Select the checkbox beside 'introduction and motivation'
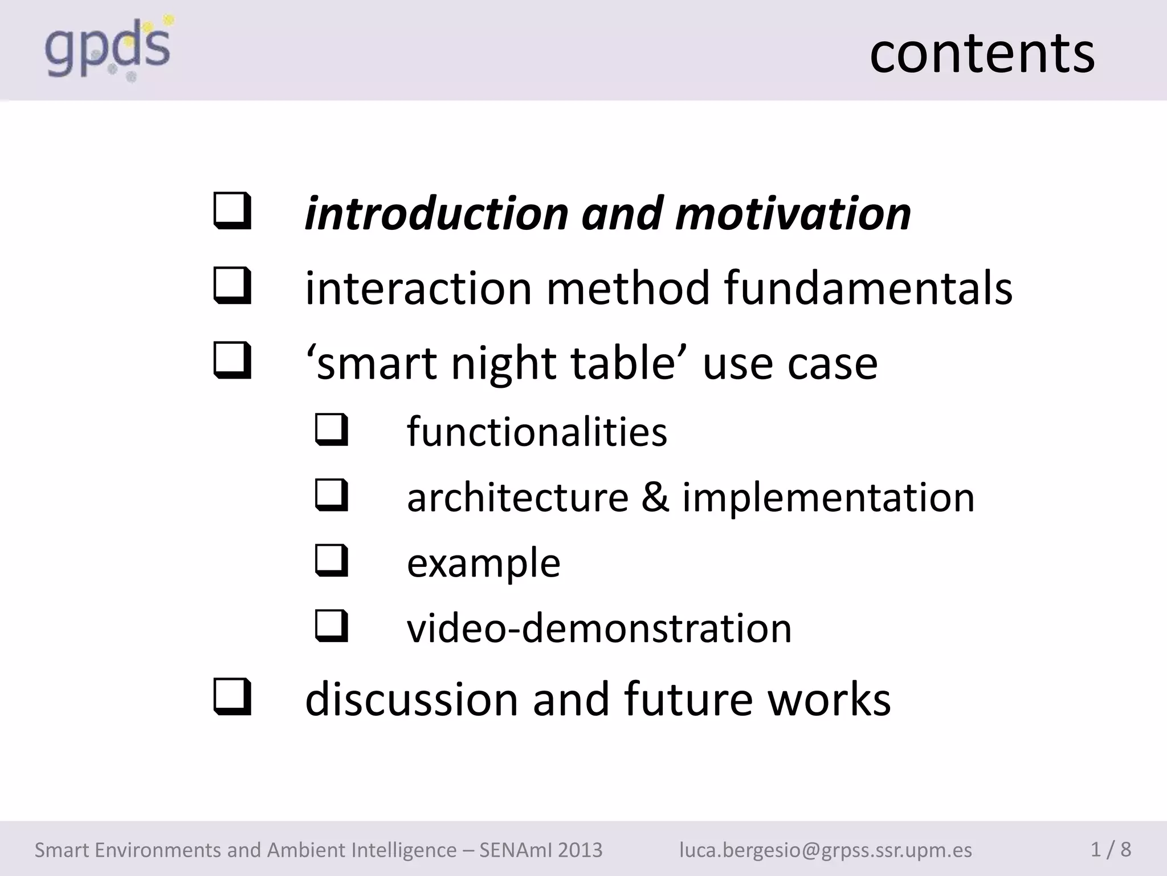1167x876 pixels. pos(232,212)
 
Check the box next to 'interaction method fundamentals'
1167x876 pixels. pos(232,286)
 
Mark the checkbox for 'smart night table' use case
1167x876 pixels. pos(232,361)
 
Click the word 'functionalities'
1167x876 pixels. pos(537,432)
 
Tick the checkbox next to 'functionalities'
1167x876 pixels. pos(331,430)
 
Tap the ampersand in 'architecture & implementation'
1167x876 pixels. pos(655,497)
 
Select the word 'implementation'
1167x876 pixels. pos(829,497)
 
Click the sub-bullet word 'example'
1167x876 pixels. pos(483,563)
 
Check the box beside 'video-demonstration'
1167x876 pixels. pos(331,626)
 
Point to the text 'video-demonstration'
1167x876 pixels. pos(599,628)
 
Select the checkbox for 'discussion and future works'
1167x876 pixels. pos(232,697)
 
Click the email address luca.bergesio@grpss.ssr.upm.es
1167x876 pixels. pos(825,850)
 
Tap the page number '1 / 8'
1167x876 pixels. pos(1111,849)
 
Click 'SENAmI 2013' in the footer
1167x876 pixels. pos(540,850)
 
